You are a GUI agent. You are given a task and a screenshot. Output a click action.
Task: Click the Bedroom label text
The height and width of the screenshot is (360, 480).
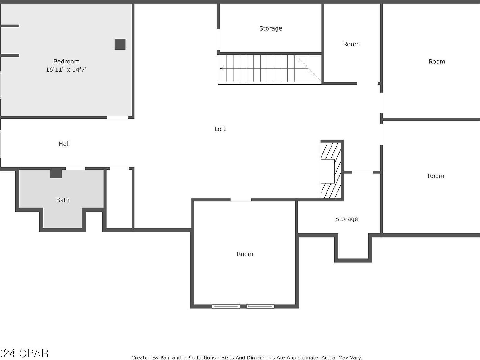point(66,61)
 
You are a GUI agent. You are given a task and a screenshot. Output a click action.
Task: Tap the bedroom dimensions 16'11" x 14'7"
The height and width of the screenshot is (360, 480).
point(66,69)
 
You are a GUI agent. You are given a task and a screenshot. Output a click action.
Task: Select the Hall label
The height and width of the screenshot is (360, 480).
point(64,143)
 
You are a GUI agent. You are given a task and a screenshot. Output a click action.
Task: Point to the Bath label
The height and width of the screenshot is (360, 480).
point(63,200)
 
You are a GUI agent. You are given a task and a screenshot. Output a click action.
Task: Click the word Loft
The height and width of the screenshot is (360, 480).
point(220,129)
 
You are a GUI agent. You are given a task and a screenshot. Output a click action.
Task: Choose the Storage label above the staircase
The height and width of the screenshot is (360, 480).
point(270,28)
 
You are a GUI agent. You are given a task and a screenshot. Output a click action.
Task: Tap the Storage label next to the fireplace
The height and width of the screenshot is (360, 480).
point(346,219)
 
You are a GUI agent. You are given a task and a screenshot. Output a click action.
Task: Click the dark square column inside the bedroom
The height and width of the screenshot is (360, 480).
point(120,44)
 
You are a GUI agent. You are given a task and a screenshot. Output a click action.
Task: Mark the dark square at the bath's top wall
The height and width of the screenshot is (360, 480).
point(56,173)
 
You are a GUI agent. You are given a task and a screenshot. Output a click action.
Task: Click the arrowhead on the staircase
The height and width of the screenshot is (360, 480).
point(221,68)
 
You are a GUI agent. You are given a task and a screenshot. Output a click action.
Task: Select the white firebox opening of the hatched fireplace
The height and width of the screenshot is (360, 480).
point(327,171)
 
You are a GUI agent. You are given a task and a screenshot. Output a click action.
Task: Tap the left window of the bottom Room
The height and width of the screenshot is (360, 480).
point(226,306)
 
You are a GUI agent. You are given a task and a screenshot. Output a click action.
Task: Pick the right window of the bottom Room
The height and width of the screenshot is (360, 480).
point(260,306)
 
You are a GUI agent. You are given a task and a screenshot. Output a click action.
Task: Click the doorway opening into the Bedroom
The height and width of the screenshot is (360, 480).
point(118,117)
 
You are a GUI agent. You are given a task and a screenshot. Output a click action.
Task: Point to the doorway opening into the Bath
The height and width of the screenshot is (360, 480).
point(75,168)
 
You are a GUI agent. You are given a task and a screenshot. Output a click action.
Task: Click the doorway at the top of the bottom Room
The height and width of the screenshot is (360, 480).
point(241,200)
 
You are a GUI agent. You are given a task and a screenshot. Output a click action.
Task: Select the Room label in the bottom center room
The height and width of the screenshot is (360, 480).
point(245,254)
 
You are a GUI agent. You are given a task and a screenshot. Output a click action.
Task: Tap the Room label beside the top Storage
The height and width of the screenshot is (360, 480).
point(351,44)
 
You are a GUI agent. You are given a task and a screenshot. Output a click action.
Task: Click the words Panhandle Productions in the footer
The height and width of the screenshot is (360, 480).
point(188,357)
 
